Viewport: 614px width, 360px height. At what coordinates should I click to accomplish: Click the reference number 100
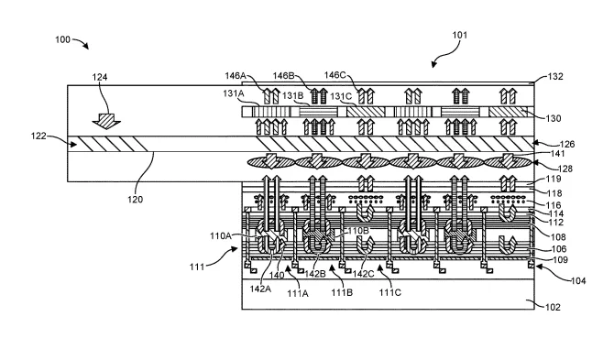coord(62,39)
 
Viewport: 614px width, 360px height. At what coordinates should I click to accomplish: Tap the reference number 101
coord(460,35)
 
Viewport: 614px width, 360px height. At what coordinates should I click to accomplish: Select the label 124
coord(100,77)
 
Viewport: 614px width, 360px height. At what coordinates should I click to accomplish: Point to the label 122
coord(38,136)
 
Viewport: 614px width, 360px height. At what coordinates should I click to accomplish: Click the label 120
coord(135,199)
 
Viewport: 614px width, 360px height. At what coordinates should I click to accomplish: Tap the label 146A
coord(235,75)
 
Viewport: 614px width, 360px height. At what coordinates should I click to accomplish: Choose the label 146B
coord(283,75)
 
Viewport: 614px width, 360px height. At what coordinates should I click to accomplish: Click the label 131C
coord(341,96)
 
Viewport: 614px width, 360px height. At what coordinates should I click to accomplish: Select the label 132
coord(554,76)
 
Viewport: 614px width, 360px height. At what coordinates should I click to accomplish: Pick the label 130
coord(553,118)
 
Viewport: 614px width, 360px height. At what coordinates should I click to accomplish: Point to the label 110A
coord(221,236)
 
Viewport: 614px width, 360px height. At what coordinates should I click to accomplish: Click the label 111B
coord(342,292)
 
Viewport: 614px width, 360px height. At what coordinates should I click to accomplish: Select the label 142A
coord(260,289)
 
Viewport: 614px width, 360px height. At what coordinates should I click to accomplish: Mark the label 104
coord(578,280)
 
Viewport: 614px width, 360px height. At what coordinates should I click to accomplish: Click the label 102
coord(553,307)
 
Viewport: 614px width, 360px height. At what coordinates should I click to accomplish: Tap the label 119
coord(554,179)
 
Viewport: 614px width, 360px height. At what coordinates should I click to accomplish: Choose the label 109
coord(560,260)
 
